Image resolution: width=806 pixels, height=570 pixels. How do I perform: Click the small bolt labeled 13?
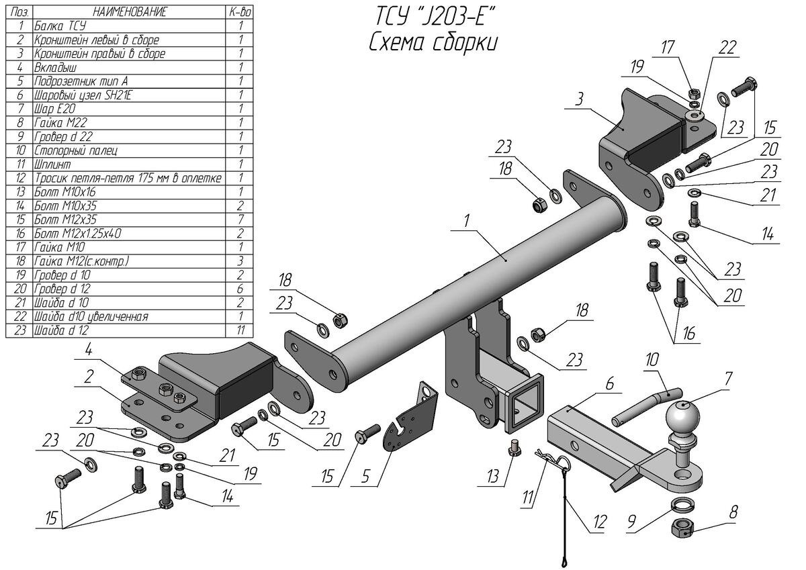tap(515, 446)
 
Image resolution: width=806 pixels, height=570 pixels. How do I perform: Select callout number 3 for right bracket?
tap(579, 99)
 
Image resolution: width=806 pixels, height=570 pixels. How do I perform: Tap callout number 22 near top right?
tap(727, 48)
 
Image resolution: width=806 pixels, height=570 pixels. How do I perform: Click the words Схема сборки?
tap(433, 42)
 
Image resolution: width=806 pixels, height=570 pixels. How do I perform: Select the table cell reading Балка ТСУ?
tap(60, 26)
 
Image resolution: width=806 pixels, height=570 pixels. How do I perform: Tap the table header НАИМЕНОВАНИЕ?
tap(129, 12)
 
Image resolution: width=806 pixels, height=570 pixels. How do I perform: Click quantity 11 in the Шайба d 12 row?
tap(240, 330)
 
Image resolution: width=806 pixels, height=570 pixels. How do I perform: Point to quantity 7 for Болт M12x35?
tap(240, 220)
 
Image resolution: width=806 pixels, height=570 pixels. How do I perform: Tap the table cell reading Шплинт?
tap(52, 164)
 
